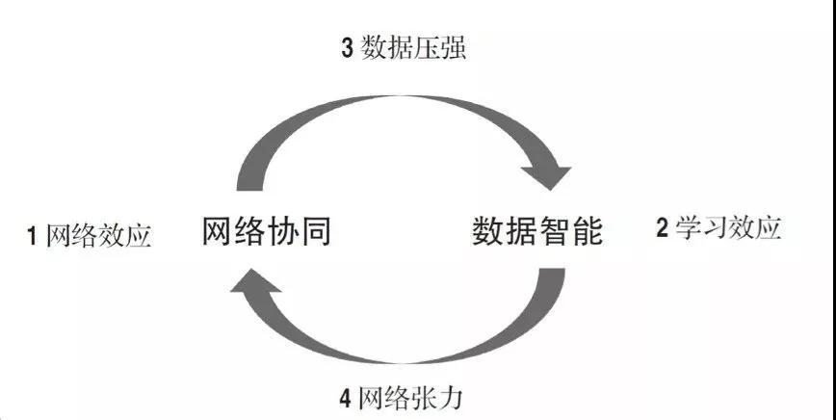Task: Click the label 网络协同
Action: tap(267, 231)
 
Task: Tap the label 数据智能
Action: tap(537, 231)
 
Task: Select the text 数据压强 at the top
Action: tap(414, 48)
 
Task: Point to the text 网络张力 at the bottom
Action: tap(409, 398)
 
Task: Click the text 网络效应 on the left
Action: tap(99, 235)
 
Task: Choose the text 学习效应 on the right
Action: tap(728, 227)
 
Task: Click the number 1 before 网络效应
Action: tap(32, 236)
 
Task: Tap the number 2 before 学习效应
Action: tap(662, 228)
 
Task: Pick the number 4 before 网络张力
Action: tap(345, 399)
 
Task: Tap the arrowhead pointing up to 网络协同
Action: tap(255, 281)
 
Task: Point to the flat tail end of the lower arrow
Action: tap(551, 269)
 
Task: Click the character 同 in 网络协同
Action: tap(316, 231)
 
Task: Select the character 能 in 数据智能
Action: tap(587, 231)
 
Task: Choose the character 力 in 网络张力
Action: tap(450, 398)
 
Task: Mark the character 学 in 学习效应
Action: tap(689, 227)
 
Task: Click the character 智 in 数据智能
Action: tap(554, 231)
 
